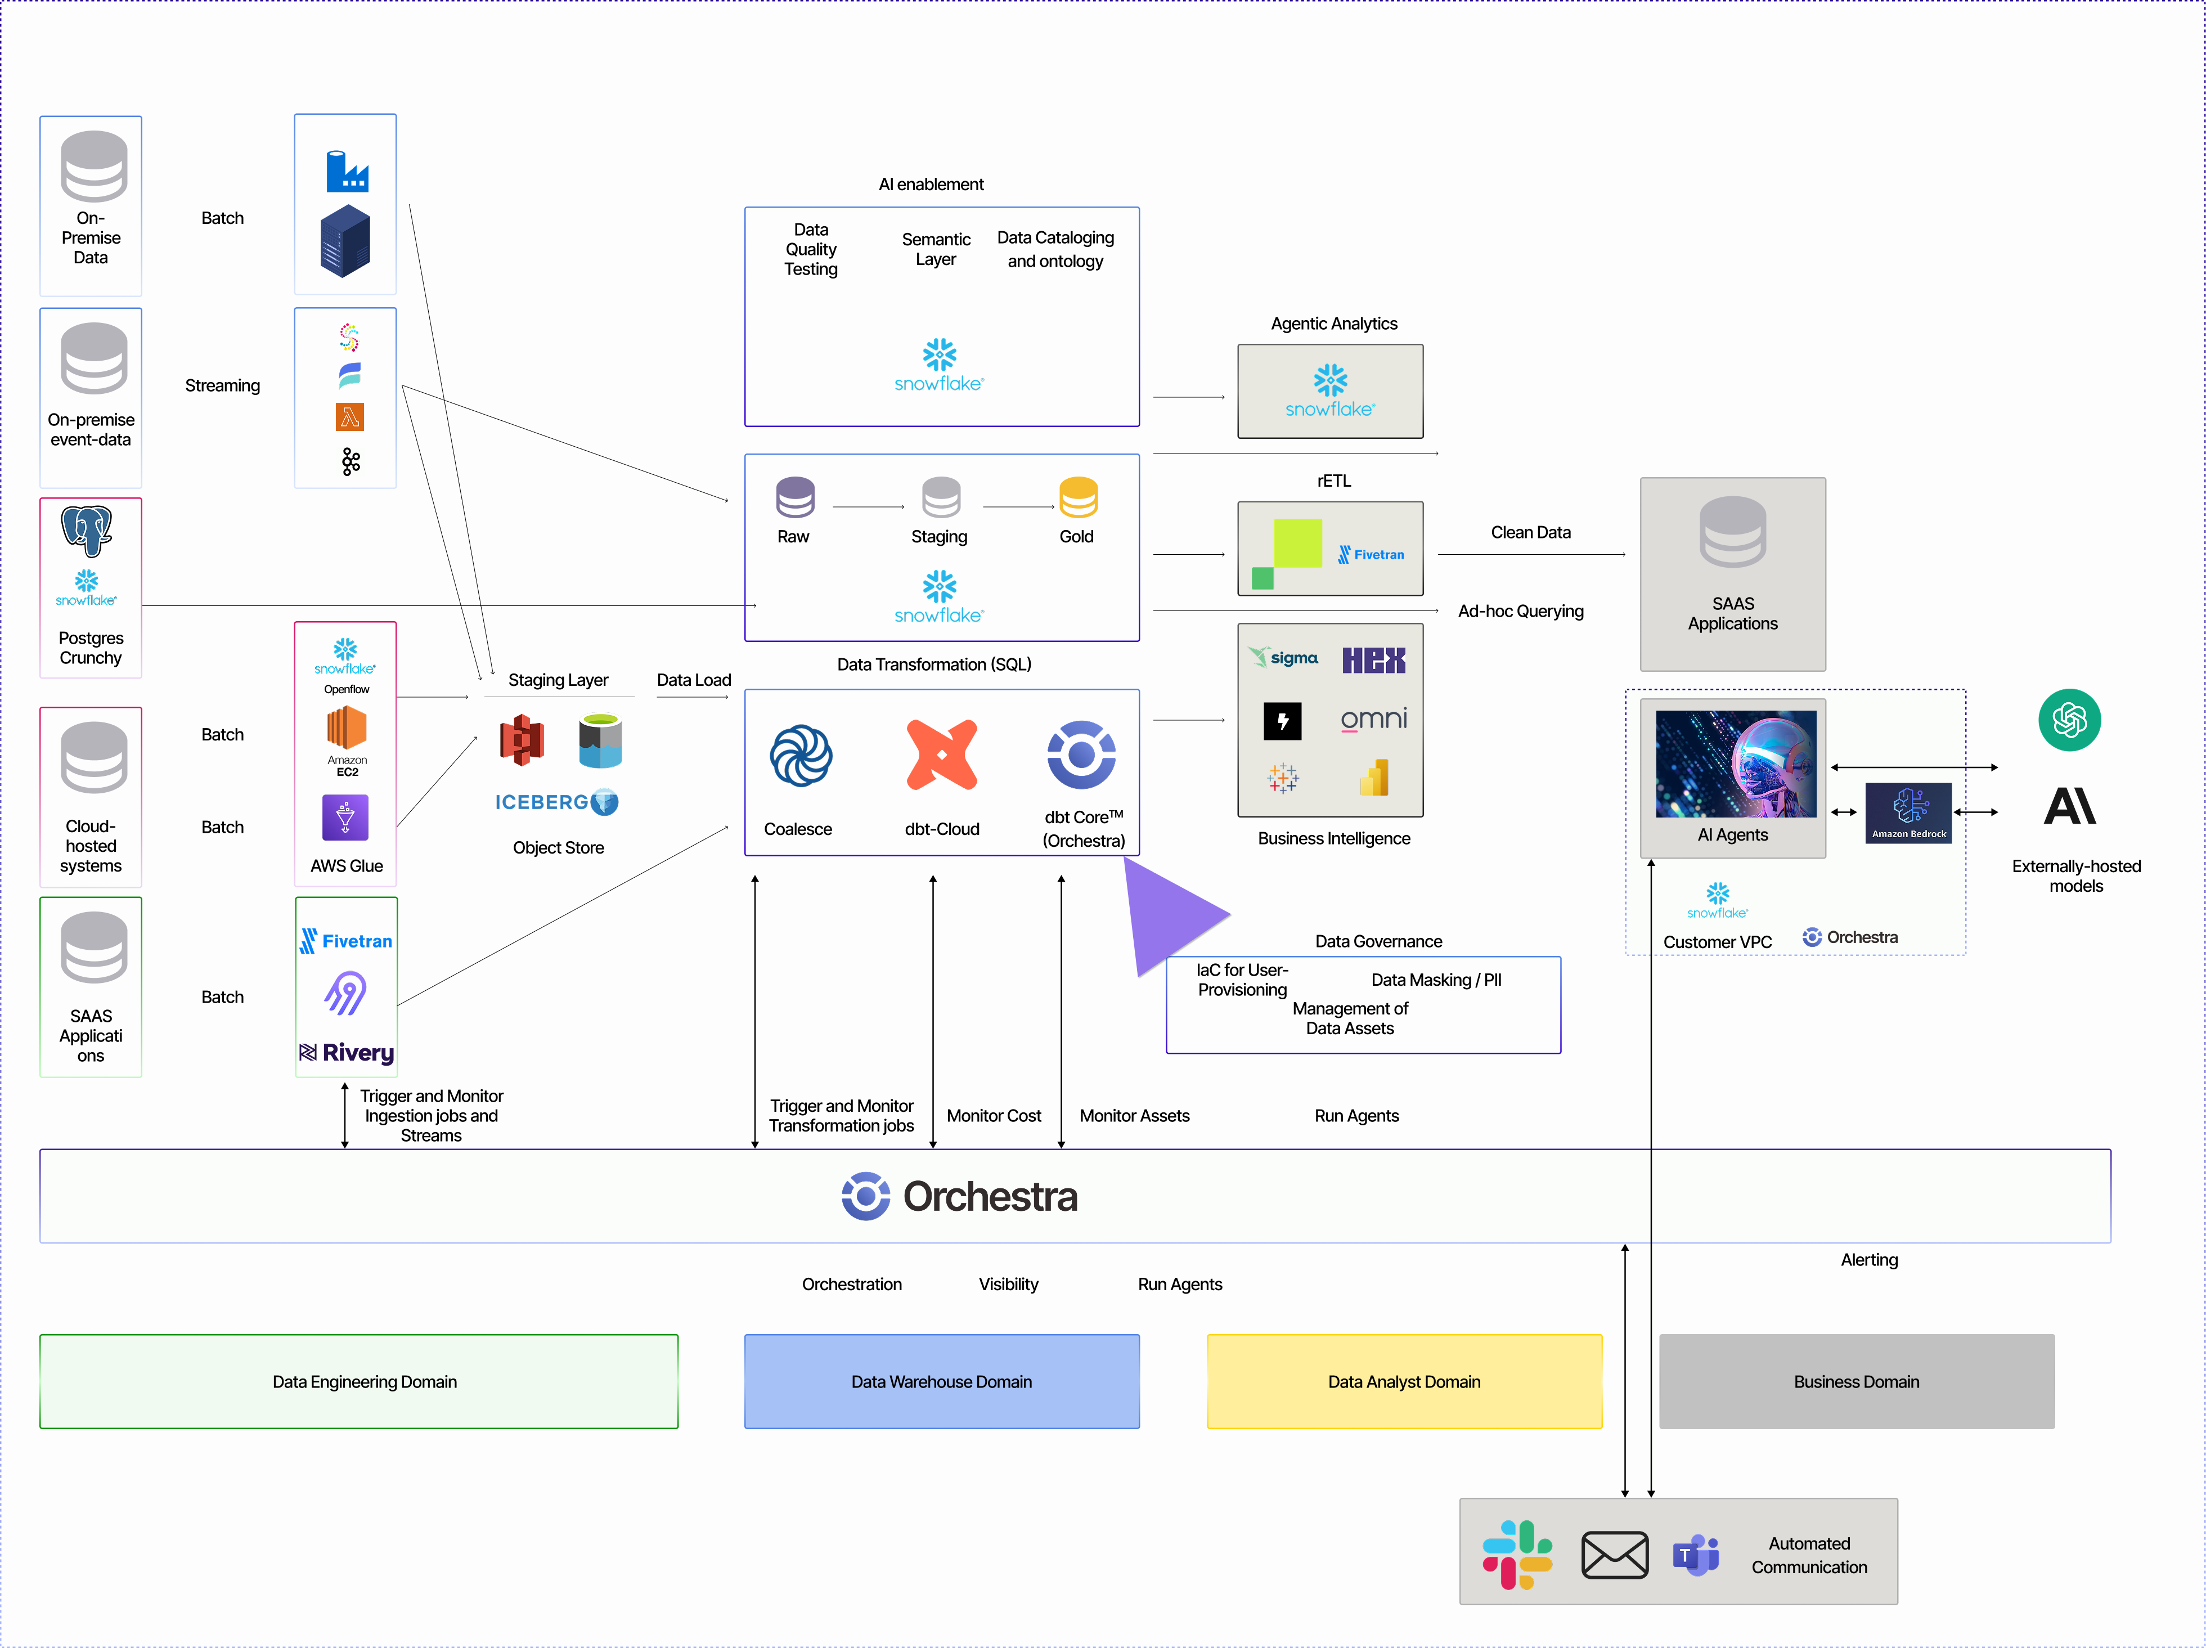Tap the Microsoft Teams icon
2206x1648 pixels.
1695,1554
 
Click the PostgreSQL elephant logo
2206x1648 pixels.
87,529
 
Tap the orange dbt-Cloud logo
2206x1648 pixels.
941,754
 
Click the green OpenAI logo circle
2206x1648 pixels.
2069,719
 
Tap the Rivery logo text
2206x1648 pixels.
347,1053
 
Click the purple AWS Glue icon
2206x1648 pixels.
345,817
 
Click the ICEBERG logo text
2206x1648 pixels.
542,802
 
